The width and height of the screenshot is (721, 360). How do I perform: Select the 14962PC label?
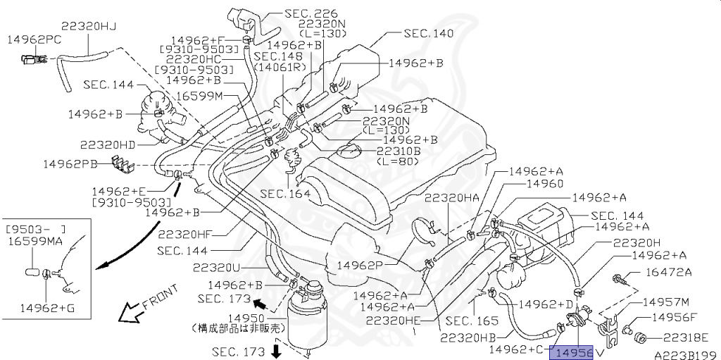click(34, 40)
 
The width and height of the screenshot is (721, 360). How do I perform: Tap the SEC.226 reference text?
click(311, 13)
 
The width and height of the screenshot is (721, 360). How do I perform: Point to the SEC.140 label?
click(429, 33)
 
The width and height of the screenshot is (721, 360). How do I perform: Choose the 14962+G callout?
click(46, 307)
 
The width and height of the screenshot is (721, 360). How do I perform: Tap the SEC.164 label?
click(285, 193)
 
